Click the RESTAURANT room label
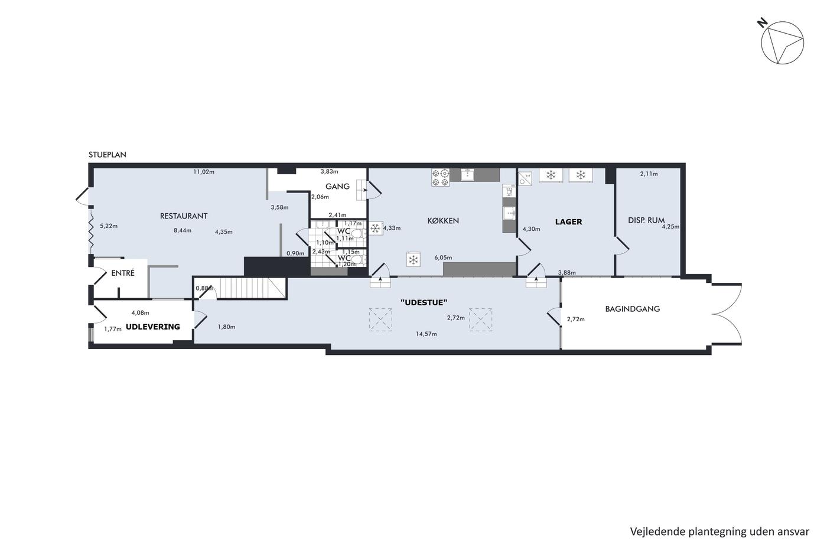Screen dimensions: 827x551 184,216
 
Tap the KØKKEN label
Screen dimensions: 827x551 443,221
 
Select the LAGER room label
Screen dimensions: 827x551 568,222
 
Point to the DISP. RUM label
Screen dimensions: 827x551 646,220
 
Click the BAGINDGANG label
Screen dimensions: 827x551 633,309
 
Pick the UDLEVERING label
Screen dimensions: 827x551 153,327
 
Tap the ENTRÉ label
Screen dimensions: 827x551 123,273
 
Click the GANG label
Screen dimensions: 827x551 337,187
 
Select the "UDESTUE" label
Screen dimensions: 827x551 424,302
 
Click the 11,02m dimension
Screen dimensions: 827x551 204,172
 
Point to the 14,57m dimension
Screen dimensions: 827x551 426,334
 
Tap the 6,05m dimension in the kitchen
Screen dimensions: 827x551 443,257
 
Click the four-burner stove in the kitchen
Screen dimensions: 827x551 441,178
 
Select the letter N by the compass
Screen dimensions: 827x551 761,23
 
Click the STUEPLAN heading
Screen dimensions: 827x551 108,155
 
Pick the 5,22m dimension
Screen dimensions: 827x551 109,226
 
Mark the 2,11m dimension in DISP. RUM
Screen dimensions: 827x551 649,174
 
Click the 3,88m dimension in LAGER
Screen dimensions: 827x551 566,273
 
